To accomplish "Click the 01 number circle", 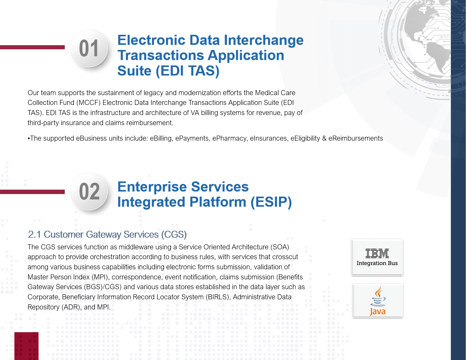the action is (89, 48).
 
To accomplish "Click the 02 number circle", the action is (89, 191).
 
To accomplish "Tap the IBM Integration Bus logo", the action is (377, 257).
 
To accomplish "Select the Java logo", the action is (378, 301).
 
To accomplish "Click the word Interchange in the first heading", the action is (263, 40).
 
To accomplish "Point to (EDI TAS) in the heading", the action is (188, 71).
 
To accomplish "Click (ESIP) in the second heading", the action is (271, 202).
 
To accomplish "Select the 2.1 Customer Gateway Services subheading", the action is (107, 235).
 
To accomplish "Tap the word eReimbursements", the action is (355, 138).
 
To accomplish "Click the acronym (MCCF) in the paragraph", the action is (88, 103).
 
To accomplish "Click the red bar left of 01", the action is (32, 47).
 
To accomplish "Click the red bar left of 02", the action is (32, 192).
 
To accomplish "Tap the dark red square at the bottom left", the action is (26, 346).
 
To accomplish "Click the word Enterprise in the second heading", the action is (152, 187).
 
